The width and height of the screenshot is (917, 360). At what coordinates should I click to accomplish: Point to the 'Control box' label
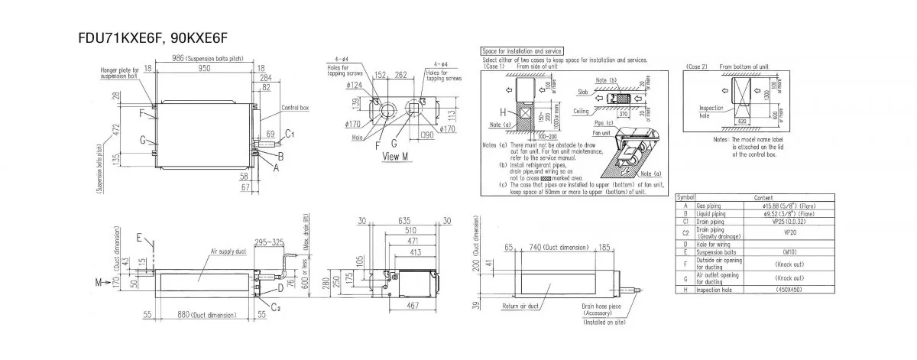click(294, 108)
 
